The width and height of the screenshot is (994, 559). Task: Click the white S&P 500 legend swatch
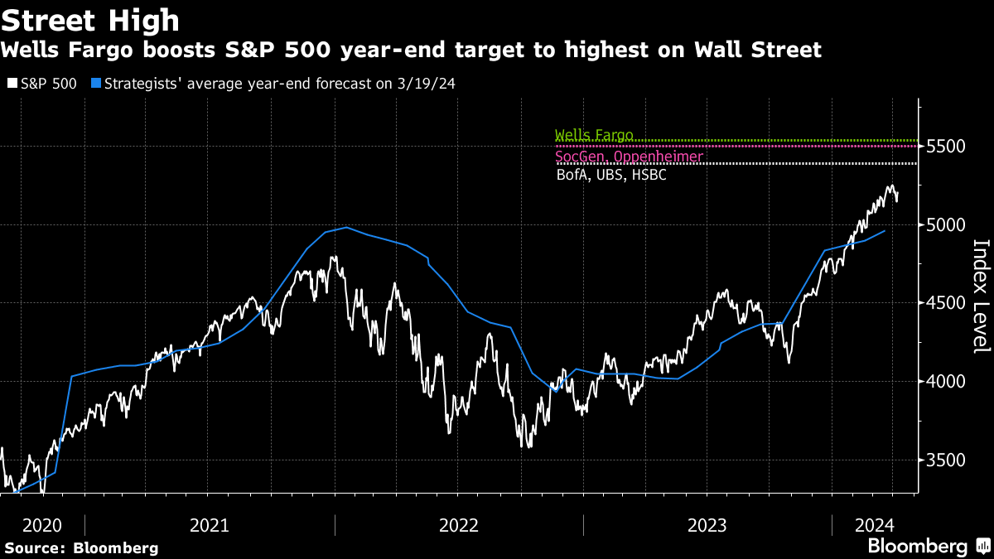11,84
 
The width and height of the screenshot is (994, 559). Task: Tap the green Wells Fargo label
594,135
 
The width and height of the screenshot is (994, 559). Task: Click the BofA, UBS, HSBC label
611,175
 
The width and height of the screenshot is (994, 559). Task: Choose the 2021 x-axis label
210,525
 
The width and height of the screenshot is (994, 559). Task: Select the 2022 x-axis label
459,525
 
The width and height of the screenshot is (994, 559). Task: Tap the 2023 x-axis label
707,525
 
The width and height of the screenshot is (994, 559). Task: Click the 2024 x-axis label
875,525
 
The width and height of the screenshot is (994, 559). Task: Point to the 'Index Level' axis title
981,296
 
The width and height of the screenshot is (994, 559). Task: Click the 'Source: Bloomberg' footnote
81,548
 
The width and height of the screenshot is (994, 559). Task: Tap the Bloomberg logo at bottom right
928,547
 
